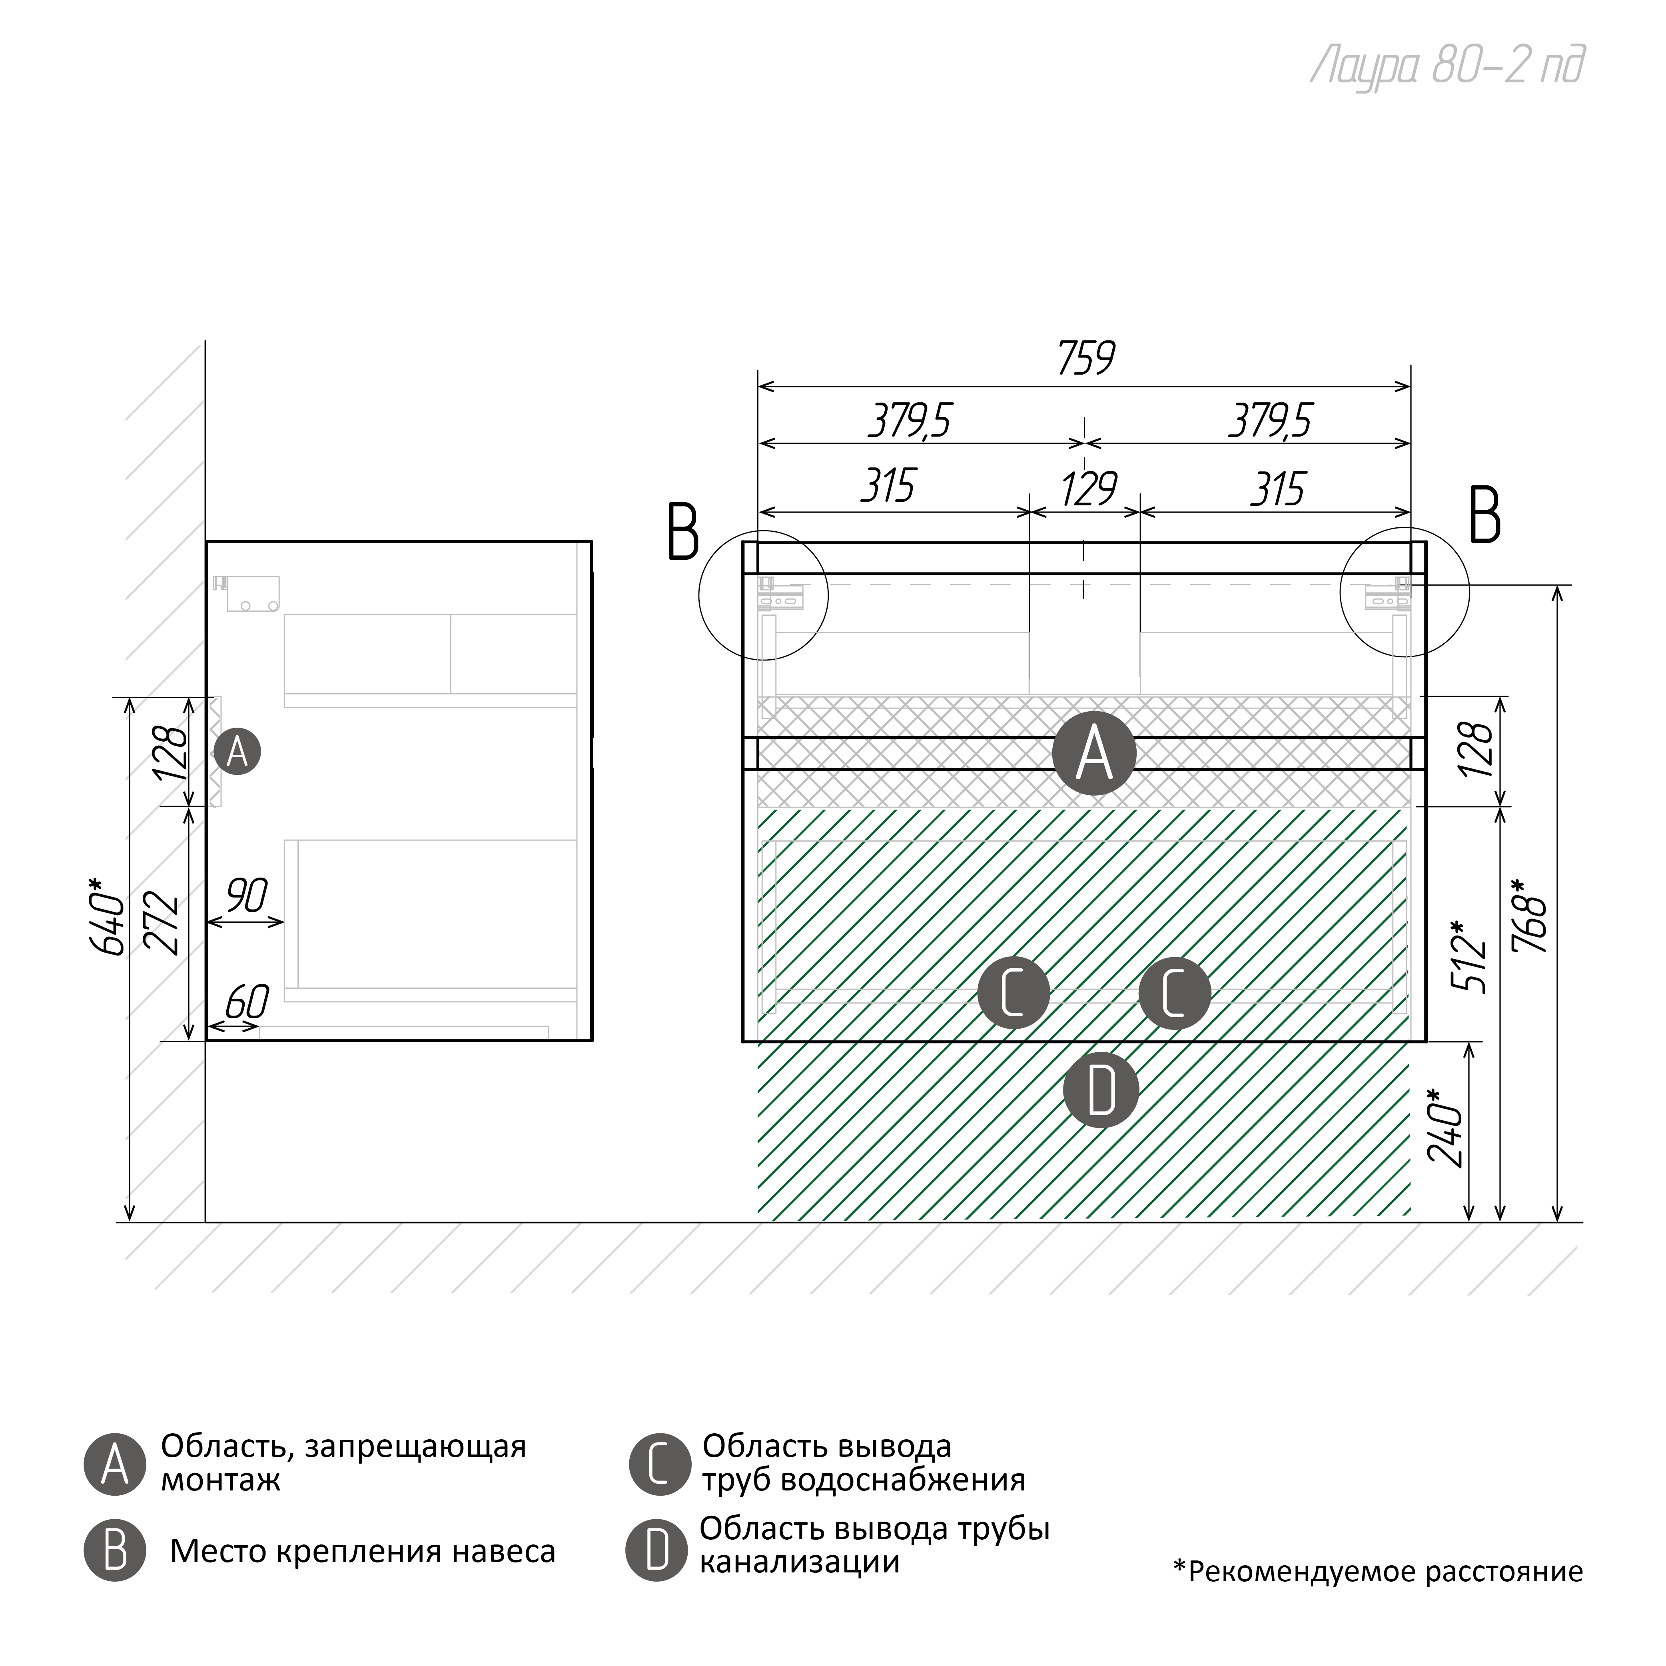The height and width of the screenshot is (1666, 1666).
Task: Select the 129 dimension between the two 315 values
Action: pyautogui.click(x=1088, y=489)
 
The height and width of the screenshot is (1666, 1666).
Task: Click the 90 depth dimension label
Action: pyautogui.click(x=247, y=897)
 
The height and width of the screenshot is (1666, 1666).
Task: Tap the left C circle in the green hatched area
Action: pyautogui.click(x=1013, y=993)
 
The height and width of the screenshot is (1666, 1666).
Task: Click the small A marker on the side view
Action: pyautogui.click(x=237, y=752)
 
